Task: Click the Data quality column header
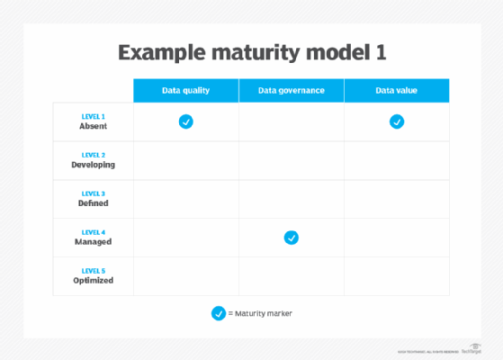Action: point(186,91)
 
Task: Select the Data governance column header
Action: point(291,91)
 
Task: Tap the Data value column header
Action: point(397,91)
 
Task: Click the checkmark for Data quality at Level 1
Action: point(185,121)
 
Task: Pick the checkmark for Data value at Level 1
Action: point(397,121)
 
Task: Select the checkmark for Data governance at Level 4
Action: point(291,238)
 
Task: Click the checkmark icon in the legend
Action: point(218,313)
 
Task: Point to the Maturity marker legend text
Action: point(261,313)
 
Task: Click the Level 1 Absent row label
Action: point(93,121)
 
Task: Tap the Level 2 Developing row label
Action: point(93,160)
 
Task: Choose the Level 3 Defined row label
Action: point(93,199)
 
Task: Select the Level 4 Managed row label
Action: point(93,238)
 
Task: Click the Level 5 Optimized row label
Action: point(93,276)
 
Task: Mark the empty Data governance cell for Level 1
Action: point(291,121)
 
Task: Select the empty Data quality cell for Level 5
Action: point(185,276)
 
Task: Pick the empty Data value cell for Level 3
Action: point(397,199)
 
